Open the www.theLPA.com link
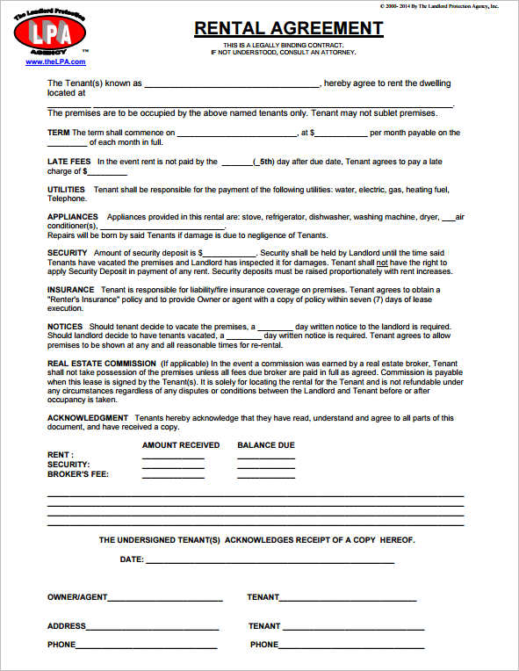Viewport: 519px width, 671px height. (55, 62)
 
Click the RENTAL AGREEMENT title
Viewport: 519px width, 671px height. (288, 28)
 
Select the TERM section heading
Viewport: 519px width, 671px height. (58, 133)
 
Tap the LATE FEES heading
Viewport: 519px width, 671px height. (68, 162)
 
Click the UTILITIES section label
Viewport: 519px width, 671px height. (66, 190)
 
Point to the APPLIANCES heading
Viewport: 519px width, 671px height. (73, 217)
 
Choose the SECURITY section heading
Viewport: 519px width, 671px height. (68, 253)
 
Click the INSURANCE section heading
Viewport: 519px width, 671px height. (70, 290)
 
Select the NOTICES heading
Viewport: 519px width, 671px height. (65, 326)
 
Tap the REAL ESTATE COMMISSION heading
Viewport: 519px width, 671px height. (101, 363)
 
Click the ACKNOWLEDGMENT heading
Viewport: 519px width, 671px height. (88, 417)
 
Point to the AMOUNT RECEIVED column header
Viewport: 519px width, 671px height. (181, 445)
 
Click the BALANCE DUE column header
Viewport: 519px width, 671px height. (266, 445)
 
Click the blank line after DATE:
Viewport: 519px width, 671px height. (270, 560)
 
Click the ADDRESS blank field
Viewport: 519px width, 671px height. (153, 627)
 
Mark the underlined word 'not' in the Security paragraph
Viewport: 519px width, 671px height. (382, 263)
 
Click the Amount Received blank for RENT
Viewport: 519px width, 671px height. (173, 457)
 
